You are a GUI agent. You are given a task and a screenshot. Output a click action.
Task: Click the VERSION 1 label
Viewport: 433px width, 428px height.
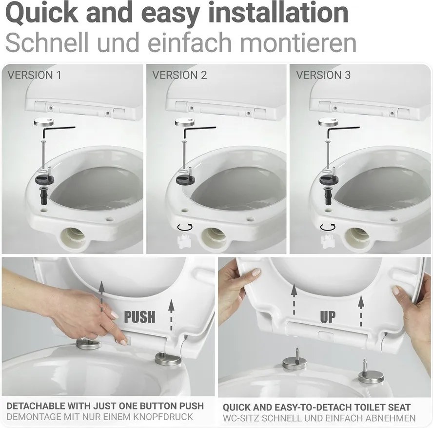[x=34, y=76]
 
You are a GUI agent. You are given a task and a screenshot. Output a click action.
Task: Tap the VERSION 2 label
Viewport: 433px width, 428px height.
[x=179, y=76]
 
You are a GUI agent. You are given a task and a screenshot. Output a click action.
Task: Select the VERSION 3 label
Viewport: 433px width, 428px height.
[x=323, y=76]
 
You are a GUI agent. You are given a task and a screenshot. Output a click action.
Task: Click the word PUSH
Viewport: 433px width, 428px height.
[x=139, y=316]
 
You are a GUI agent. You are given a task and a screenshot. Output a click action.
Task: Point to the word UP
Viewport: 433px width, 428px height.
[x=328, y=316]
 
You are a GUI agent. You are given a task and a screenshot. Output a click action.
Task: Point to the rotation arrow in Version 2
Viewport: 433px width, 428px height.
[x=184, y=227]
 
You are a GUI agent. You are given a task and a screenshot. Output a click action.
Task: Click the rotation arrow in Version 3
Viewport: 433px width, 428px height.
[x=328, y=227]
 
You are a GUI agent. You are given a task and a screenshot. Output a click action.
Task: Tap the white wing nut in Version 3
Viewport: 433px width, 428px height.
[x=327, y=240]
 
